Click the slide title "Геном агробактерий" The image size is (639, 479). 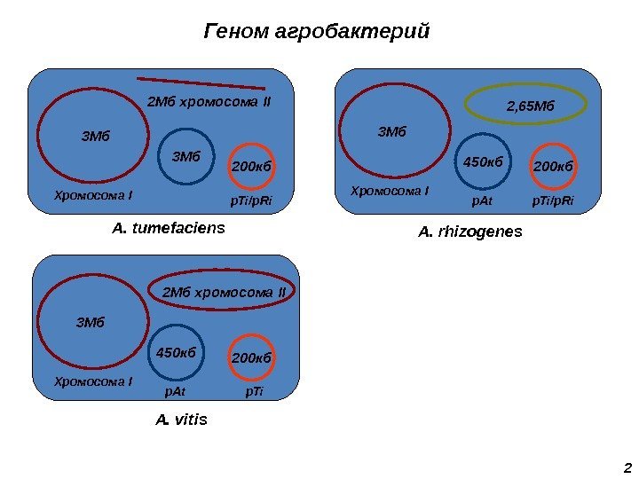317,32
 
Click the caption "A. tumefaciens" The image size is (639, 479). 169,229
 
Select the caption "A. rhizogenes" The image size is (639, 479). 470,232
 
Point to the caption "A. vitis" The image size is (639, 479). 181,418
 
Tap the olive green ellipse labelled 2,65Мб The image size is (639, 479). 527,106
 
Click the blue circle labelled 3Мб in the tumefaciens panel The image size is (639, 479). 186,157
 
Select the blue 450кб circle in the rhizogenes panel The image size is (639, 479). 484,162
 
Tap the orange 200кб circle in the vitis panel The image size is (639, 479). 250,357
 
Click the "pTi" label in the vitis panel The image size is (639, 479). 254,389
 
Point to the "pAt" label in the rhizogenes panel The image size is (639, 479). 482,201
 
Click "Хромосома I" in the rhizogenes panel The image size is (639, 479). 390,191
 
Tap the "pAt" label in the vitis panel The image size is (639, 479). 176,389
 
